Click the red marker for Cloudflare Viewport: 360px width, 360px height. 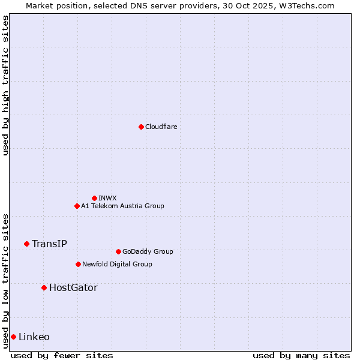pos(141,127)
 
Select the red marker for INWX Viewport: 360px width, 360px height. pos(94,198)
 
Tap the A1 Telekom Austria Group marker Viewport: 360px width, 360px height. pos(77,206)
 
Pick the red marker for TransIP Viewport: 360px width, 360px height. pos(26,244)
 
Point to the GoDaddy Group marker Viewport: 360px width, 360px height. pos(118,251)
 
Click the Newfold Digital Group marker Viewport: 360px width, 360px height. pos(78,264)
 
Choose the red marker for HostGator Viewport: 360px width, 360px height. pos(44,287)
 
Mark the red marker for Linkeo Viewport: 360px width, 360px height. pos(13,337)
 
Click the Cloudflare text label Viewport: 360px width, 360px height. pos(161,127)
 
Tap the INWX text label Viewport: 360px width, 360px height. pos(107,198)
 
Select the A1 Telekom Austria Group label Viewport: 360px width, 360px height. pos(122,206)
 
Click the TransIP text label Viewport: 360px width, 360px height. pos(49,244)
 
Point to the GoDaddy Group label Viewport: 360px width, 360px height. pos(148,251)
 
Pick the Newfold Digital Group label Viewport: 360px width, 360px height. pos(117,264)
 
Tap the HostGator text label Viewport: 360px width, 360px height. pos(73,287)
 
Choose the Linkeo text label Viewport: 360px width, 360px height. pos(34,337)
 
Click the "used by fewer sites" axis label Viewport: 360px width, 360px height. pos(62,355)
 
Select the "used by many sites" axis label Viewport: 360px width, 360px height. pos(301,355)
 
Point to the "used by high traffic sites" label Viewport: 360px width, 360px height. pos(5,85)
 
